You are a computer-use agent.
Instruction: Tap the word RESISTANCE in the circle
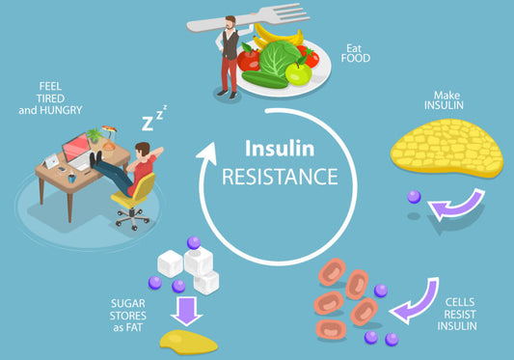(x=280, y=178)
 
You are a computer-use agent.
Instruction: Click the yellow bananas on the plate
(x=274, y=36)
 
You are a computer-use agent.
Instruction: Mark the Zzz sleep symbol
(x=154, y=120)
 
